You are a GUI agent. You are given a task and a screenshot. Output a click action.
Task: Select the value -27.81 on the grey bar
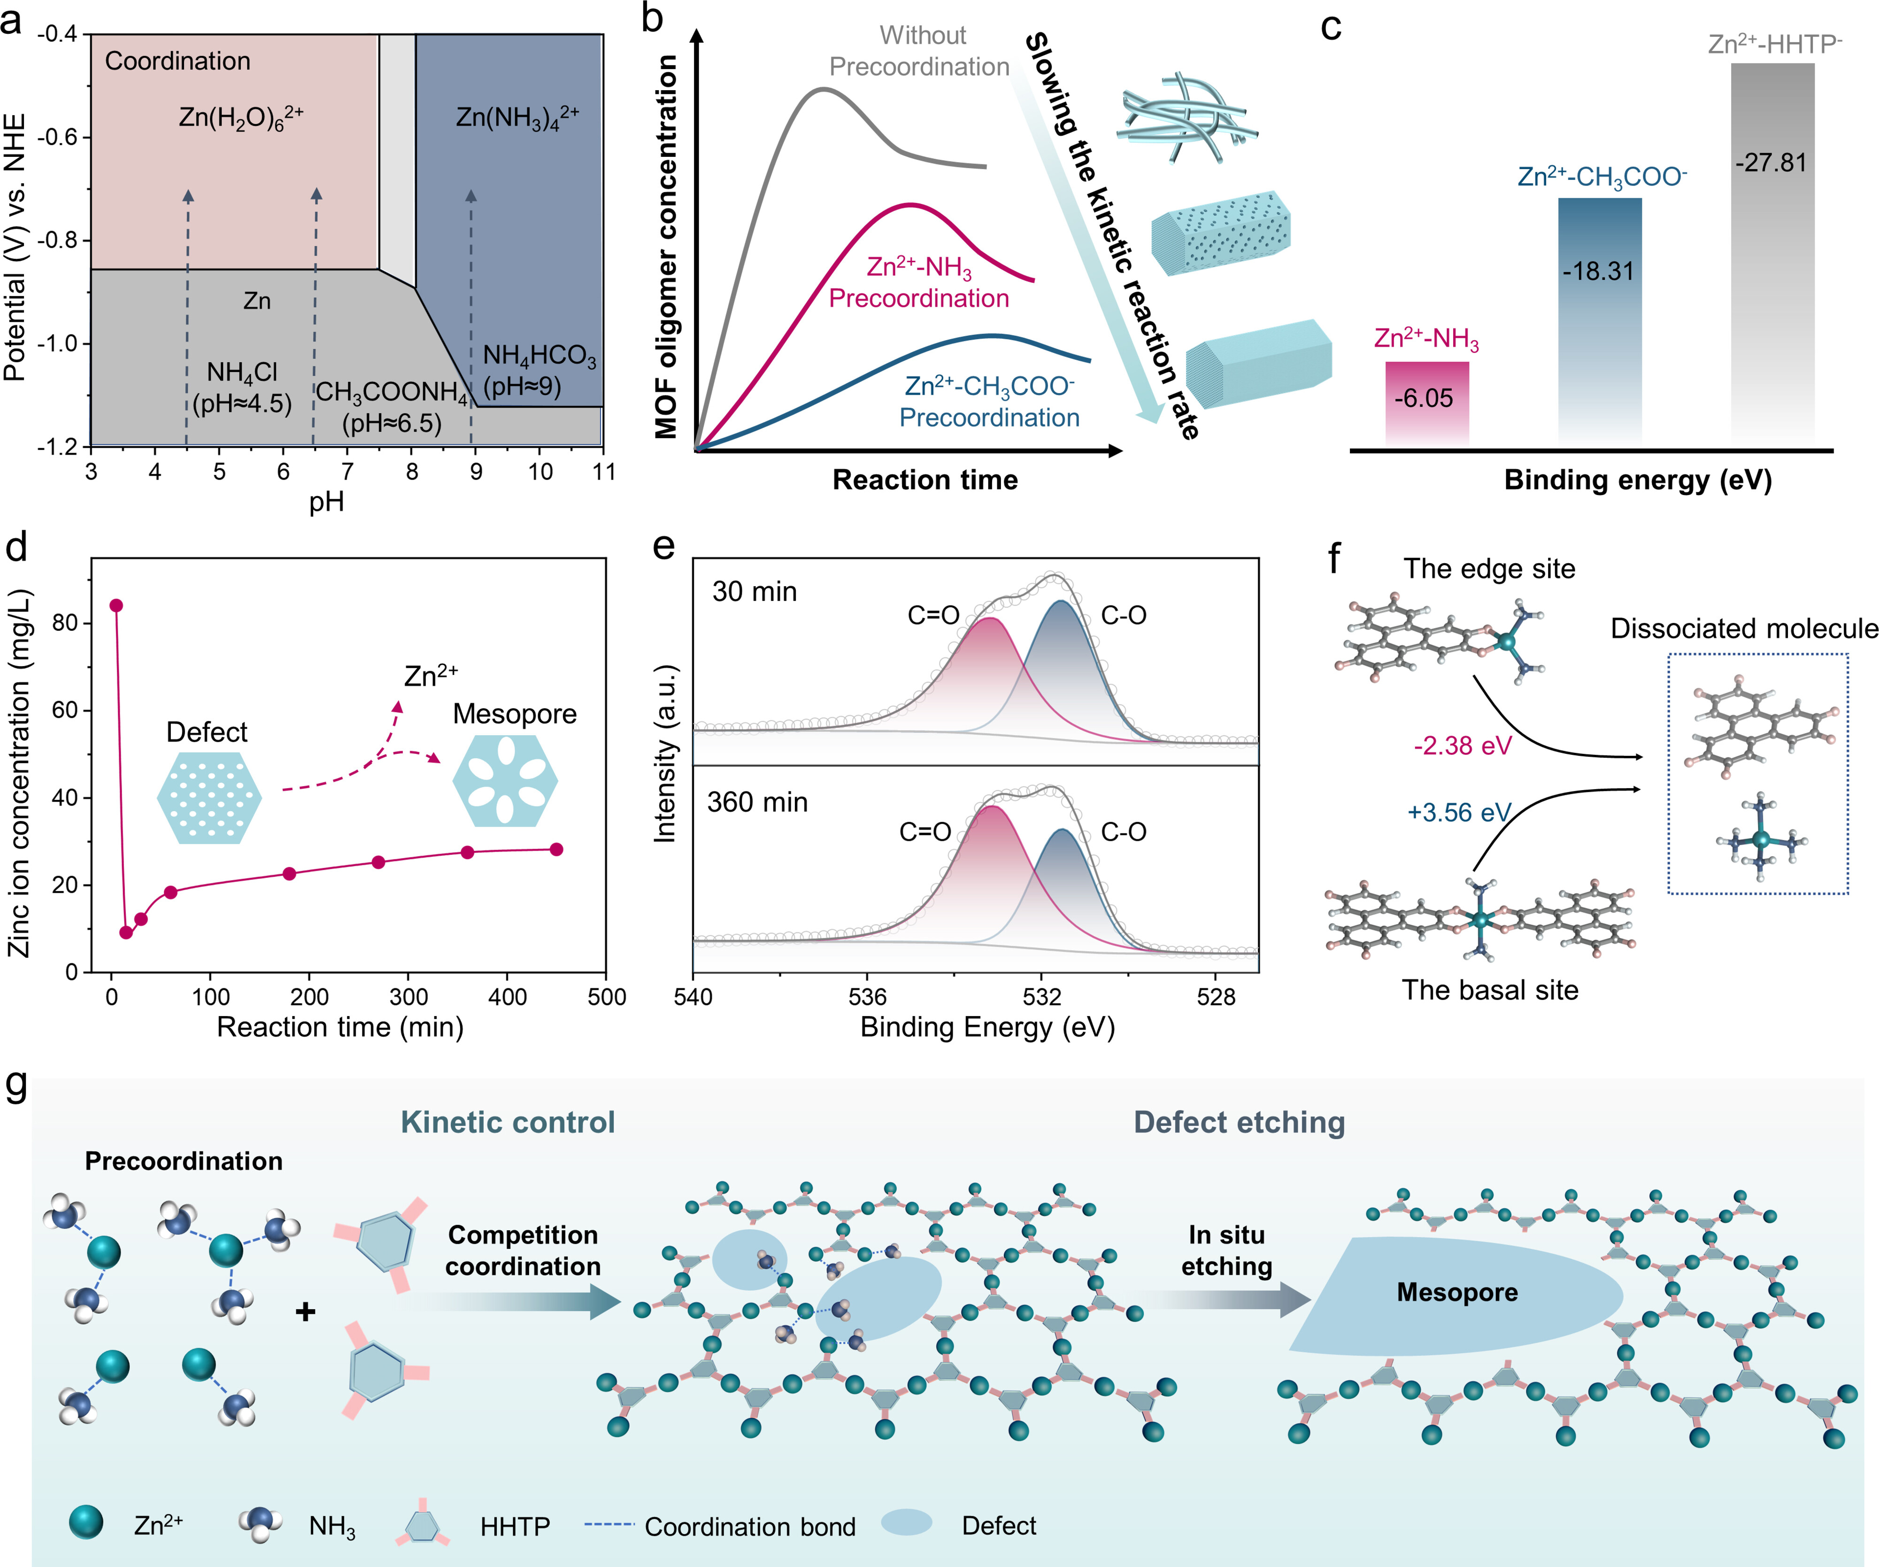(1771, 163)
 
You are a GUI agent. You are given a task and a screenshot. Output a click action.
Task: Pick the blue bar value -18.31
(1599, 271)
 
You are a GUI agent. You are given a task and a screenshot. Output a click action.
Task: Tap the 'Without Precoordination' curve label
(920, 51)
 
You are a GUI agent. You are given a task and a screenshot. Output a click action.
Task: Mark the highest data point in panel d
(116, 606)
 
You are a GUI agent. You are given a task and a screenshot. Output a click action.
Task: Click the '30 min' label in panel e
(755, 591)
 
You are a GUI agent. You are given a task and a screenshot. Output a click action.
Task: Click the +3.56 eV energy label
(1458, 813)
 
